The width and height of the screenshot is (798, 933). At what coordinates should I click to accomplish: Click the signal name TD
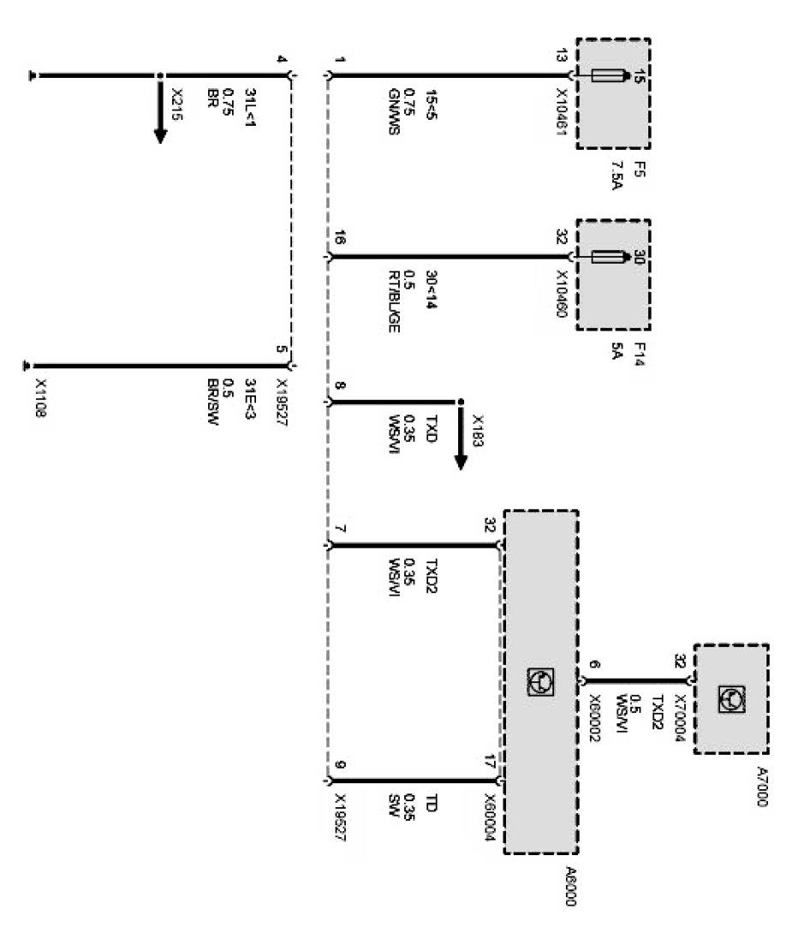(x=431, y=803)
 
